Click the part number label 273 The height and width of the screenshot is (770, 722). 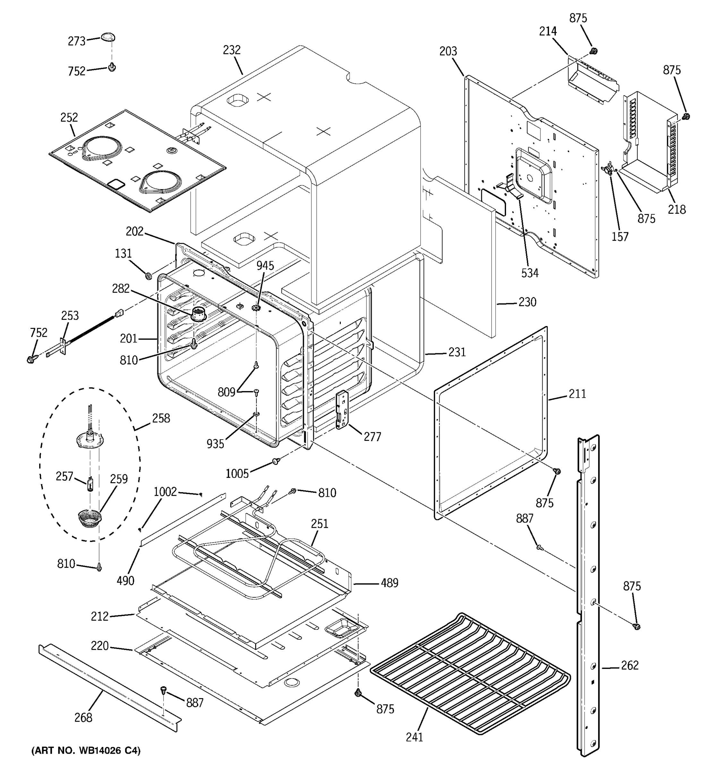76,41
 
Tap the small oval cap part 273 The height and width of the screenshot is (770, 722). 108,37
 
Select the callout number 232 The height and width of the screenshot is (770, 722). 232,50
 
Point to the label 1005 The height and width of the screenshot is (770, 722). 237,473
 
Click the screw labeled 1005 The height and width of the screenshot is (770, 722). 276,461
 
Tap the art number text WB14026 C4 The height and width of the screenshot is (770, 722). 86,751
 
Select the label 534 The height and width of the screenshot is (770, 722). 529,273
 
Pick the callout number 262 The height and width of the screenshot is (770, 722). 630,665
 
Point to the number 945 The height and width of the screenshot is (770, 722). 265,266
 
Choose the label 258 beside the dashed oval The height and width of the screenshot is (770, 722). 161,418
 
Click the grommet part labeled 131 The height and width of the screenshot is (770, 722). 148,276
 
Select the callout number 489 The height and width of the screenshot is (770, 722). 389,583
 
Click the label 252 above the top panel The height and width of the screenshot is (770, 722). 69,117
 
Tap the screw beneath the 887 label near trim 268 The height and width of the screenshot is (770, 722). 163,689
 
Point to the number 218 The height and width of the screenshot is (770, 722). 677,210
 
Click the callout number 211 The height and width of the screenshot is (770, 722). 577,394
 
